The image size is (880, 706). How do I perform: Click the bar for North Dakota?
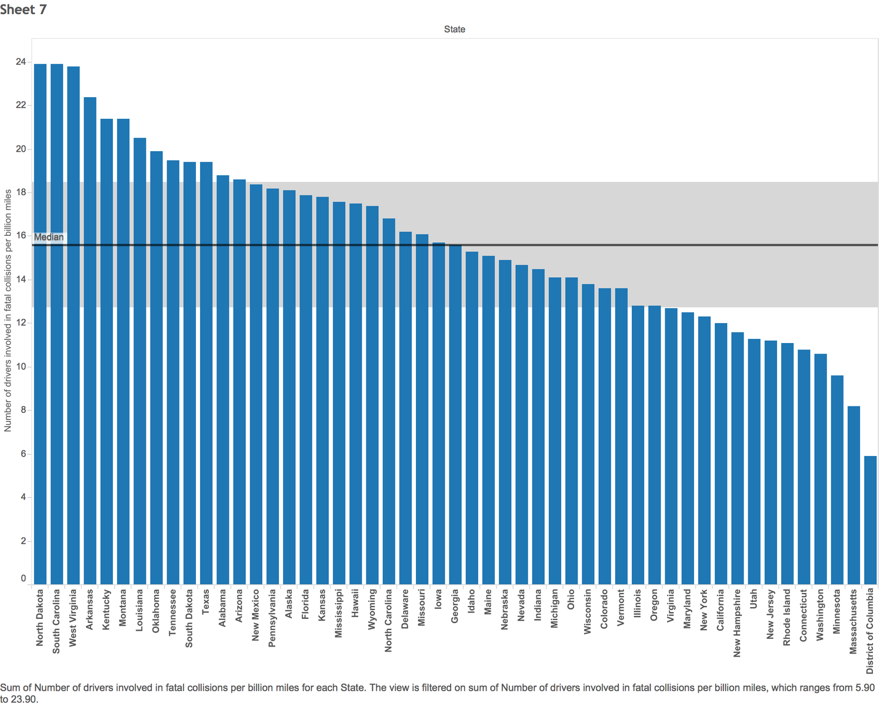point(40,324)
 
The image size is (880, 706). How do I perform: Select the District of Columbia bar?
point(870,520)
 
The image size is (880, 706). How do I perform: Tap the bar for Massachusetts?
point(854,495)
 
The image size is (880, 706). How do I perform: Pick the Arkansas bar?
point(90,341)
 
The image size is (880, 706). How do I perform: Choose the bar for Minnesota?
point(837,480)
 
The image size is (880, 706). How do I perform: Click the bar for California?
point(721,454)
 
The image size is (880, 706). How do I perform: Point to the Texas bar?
point(206,373)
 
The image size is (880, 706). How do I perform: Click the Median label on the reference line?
point(49,237)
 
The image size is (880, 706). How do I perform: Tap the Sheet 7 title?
point(24,9)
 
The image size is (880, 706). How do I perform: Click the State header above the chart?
point(455,29)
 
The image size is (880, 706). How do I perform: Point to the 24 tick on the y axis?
point(21,62)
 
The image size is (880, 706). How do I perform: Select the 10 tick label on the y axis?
point(21,367)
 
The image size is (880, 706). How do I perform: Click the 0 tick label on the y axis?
point(24,578)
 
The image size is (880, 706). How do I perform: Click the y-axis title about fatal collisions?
point(8,311)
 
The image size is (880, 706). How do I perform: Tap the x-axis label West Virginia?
point(73,618)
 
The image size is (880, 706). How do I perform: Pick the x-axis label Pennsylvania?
point(272,618)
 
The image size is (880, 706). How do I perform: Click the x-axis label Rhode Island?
point(787,618)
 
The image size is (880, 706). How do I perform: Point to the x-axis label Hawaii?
point(355,603)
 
